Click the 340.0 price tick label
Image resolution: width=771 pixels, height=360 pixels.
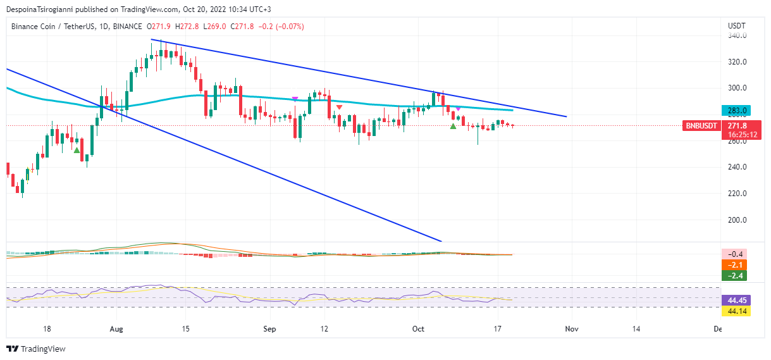point(737,36)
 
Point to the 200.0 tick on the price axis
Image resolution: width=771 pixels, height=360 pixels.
point(737,220)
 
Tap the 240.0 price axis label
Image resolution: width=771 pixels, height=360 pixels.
point(737,167)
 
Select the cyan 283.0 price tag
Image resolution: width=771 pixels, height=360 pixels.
point(737,110)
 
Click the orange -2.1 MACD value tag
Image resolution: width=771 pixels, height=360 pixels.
point(736,264)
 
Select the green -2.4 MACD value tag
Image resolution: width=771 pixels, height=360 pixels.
point(736,275)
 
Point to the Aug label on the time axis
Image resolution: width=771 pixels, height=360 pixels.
point(116,329)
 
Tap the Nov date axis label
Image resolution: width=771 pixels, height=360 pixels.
point(571,329)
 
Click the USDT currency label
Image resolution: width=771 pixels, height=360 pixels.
point(737,26)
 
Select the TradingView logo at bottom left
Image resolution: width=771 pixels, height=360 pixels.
point(36,349)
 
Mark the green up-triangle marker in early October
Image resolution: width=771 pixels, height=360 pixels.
point(453,127)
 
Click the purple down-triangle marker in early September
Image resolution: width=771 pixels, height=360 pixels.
point(295,99)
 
